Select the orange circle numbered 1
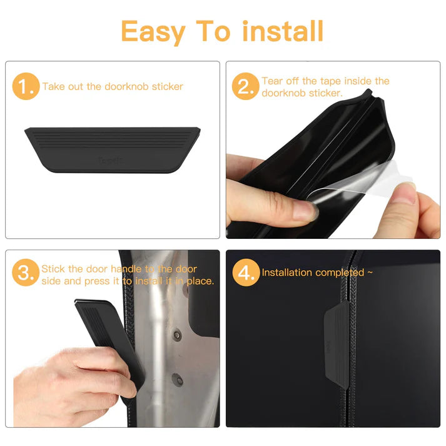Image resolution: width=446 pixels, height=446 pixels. tap(26, 88)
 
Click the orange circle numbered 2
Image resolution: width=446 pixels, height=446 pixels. tap(245, 87)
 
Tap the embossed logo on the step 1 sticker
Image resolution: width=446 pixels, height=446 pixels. tap(111, 160)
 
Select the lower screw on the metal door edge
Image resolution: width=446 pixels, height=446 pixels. tap(177, 378)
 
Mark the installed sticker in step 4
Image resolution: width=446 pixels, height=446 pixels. tap(336, 335)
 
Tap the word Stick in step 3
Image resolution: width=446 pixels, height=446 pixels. tap(53, 269)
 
